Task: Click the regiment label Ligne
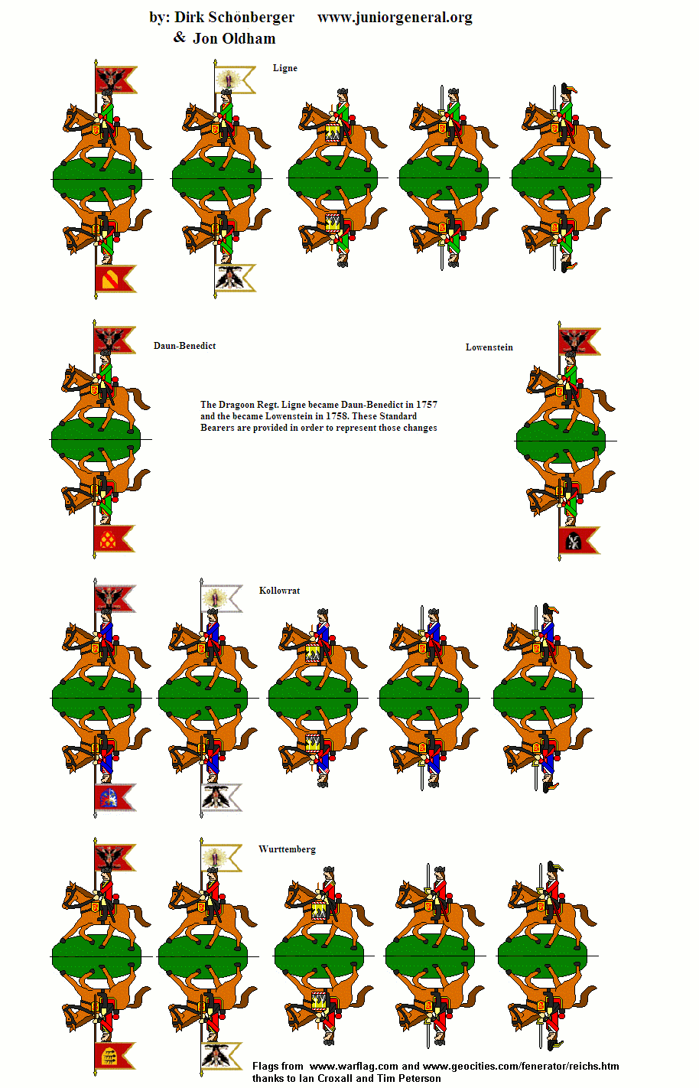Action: (x=284, y=68)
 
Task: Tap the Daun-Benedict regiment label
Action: (x=184, y=346)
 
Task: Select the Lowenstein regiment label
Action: (x=489, y=347)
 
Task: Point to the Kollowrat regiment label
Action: (x=279, y=591)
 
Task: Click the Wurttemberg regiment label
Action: (x=287, y=849)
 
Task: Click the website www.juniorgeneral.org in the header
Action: (x=395, y=17)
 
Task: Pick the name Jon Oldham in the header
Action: (x=234, y=38)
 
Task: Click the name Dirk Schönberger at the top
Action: (x=234, y=17)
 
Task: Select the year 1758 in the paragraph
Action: (x=337, y=416)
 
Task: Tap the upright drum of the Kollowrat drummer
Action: (x=314, y=653)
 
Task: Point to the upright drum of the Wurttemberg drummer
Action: (x=320, y=910)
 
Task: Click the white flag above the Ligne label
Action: (x=235, y=80)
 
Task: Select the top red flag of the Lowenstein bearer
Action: (x=578, y=342)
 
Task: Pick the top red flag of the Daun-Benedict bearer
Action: (x=115, y=340)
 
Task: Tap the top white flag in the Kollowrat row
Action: (x=222, y=599)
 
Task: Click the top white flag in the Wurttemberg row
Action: (x=222, y=858)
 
